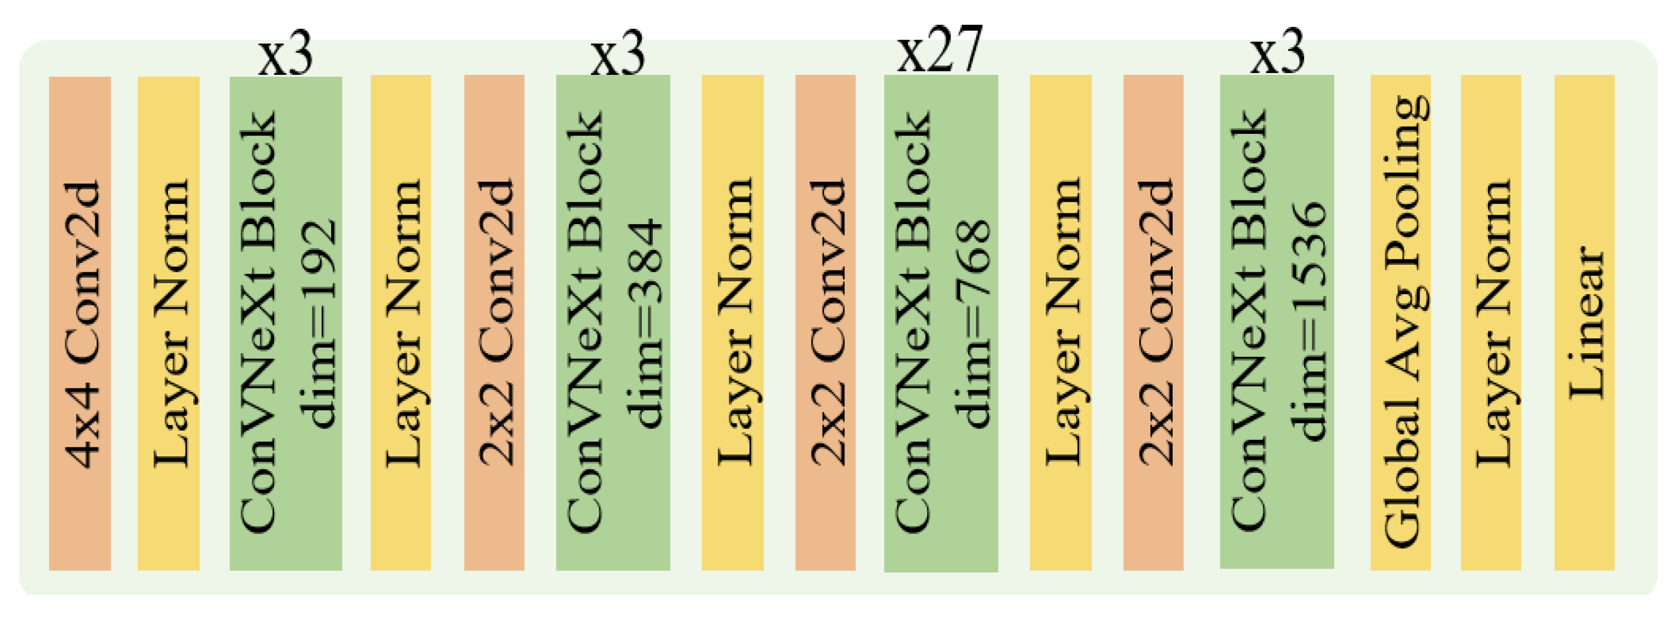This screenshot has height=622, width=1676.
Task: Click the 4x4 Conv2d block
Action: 80,323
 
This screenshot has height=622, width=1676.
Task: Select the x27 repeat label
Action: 939,50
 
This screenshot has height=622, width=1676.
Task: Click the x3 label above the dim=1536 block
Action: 1277,52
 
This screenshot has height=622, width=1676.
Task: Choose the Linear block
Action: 1584,323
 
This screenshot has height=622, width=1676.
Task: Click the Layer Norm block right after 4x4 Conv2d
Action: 169,323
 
